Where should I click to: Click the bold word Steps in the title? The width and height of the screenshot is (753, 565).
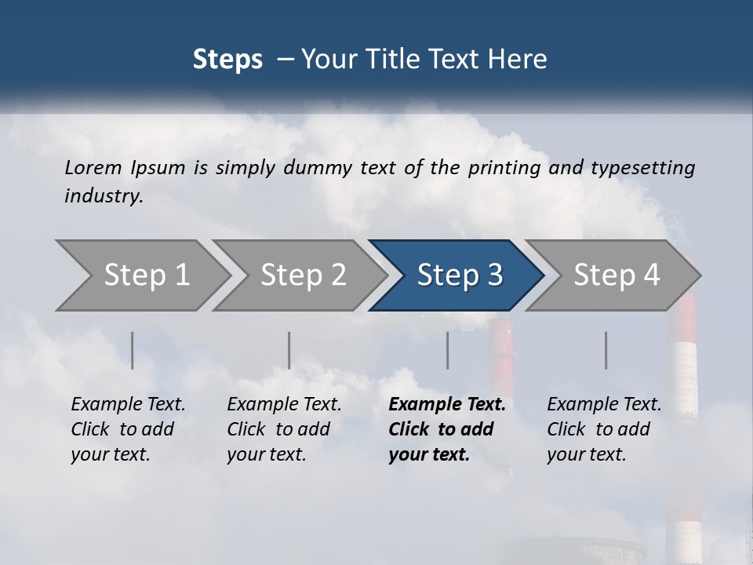(x=227, y=60)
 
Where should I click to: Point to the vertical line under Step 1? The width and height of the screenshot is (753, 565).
(x=133, y=350)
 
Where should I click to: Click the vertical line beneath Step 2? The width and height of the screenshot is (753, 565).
(x=289, y=350)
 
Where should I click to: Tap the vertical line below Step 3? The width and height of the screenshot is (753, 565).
(x=447, y=350)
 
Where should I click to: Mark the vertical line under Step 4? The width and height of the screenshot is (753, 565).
(x=606, y=350)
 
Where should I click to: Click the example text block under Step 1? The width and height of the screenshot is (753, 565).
(x=128, y=429)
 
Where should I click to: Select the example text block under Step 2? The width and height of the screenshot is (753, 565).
(x=284, y=429)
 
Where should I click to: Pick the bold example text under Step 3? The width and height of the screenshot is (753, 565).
(x=446, y=429)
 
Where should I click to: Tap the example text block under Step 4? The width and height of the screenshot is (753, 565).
(x=604, y=429)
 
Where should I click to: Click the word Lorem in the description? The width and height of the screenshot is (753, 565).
(x=93, y=168)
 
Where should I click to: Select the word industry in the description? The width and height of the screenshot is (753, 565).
(x=104, y=196)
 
